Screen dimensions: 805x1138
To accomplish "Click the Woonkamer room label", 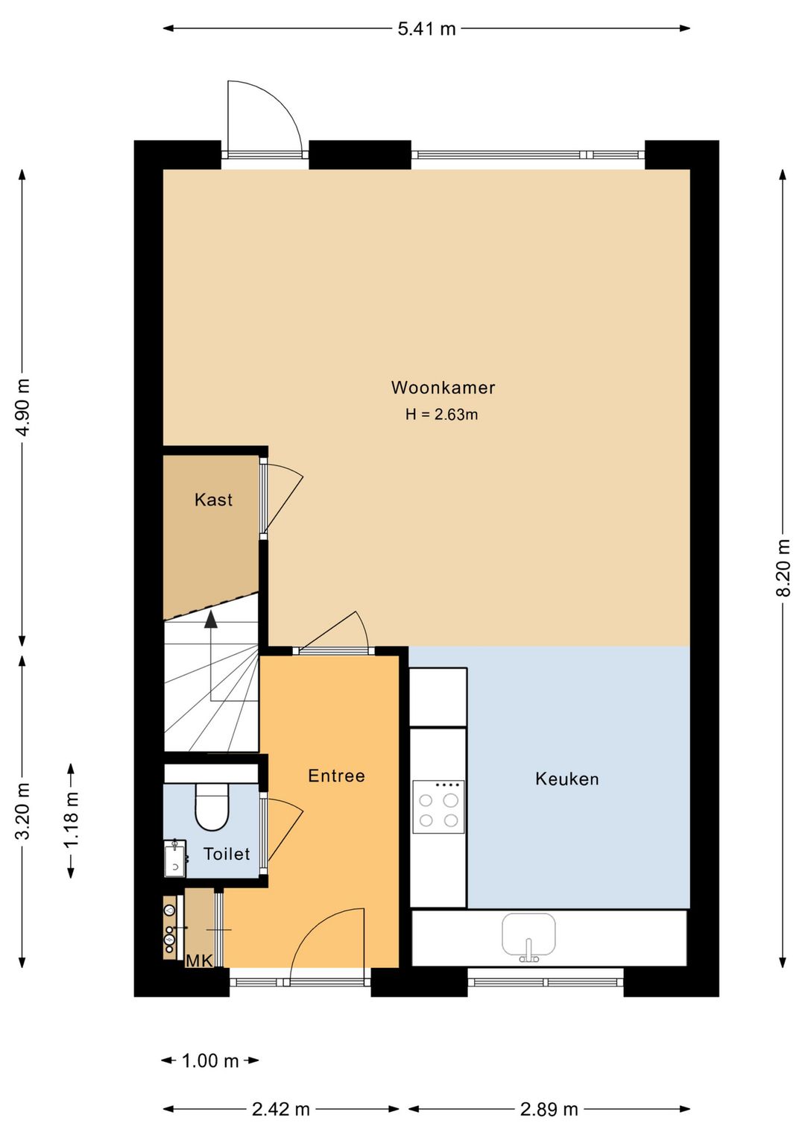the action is point(443,388).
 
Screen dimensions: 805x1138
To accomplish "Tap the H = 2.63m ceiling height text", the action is point(441,415).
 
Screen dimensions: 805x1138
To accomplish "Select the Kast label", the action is point(213,500).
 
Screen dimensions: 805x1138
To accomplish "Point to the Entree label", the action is point(336,776).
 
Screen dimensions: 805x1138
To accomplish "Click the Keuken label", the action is point(566,779).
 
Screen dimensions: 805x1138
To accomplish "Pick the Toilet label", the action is point(227,854).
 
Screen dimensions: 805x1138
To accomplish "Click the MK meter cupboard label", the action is point(199,961).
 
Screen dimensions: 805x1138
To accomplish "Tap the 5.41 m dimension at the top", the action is point(426,29).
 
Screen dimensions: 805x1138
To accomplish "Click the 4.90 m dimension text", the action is point(23,407).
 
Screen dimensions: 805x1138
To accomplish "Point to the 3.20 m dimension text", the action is point(23,811).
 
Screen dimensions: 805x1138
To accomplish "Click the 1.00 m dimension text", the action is point(209,1060).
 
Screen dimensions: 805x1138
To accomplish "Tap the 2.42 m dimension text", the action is point(281,1109).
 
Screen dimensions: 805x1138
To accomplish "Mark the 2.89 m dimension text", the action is point(549,1109).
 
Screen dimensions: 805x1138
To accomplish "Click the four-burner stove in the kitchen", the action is point(438,807).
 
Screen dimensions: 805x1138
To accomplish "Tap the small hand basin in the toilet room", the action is point(174,858).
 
